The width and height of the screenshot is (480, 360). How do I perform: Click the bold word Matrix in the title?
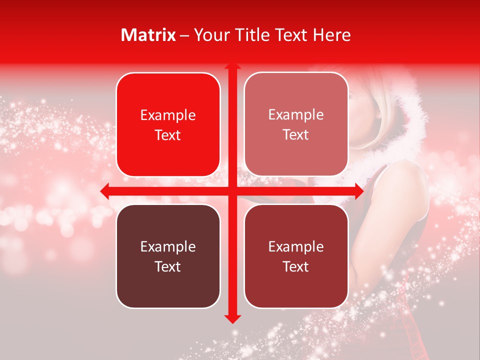(148, 35)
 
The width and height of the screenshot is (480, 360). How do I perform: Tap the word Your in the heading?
(212, 35)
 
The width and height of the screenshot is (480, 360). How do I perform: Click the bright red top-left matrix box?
(168, 124)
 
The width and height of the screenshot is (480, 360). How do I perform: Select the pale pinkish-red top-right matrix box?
(296, 124)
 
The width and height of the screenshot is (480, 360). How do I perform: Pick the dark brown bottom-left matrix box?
(168, 256)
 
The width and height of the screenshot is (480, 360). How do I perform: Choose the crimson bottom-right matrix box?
(296, 256)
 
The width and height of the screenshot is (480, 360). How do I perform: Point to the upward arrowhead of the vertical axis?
(232, 66)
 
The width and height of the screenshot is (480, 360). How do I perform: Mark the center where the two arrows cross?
(232, 191)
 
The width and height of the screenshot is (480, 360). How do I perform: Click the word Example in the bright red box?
(168, 115)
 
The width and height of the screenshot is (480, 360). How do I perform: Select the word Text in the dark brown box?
(168, 266)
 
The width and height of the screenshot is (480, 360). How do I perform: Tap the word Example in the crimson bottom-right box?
(296, 246)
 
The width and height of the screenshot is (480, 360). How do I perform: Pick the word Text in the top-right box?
(296, 135)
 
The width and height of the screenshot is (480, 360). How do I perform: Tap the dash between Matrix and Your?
(184, 35)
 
